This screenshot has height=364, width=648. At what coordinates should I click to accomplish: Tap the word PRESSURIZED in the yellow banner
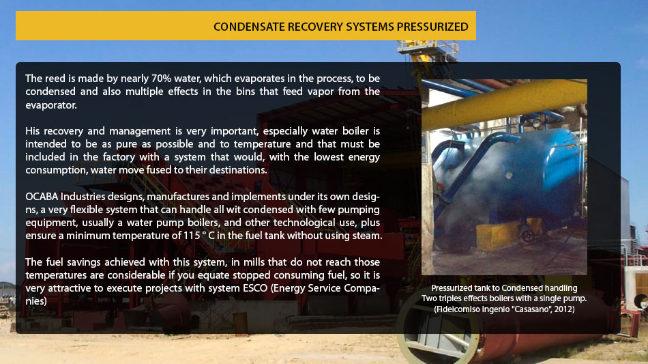click(432, 27)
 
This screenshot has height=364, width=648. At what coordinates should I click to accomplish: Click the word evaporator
click(51, 105)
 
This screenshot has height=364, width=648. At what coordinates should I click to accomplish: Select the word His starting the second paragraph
click(32, 131)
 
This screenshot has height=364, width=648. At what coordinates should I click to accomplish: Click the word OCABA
click(42, 197)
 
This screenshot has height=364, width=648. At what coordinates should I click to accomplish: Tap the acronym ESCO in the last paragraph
click(255, 288)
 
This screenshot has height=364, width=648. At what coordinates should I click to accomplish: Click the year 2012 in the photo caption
click(564, 309)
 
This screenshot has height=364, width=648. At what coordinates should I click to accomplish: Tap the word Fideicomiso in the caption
click(456, 309)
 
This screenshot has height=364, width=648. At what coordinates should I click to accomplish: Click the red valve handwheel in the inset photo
click(528, 236)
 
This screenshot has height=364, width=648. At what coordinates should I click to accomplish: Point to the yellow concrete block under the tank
click(499, 235)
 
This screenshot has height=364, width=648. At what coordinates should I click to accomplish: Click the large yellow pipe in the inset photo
click(504, 102)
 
